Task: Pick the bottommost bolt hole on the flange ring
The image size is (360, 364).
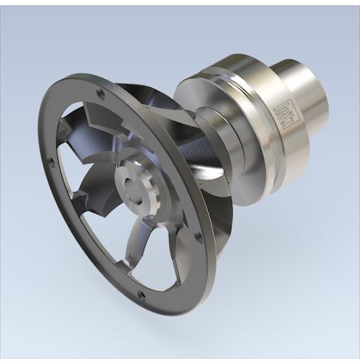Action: pos(140,294)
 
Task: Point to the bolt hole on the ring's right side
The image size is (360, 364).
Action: pos(199,237)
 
